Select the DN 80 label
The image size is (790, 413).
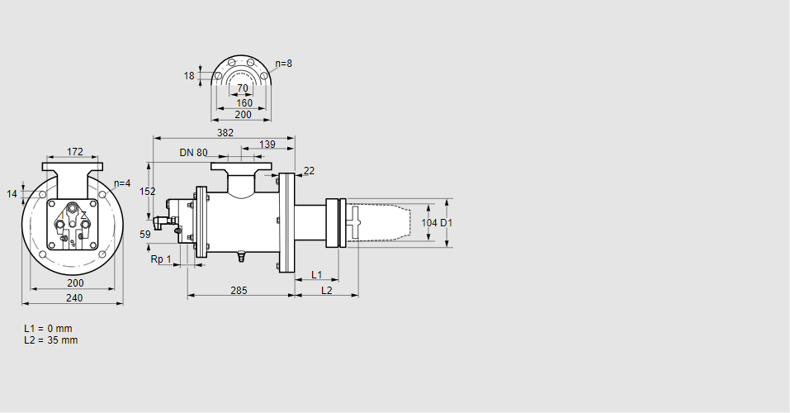pos(193,153)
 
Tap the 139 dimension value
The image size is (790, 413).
pos(267,145)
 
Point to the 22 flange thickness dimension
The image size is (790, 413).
pos(309,171)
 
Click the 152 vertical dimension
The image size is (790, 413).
pos(147,191)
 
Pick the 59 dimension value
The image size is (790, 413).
pos(145,235)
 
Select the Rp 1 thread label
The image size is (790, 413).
pos(161,259)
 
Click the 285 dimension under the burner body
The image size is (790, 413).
pos(238,290)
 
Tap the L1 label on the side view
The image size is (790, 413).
pos(316,274)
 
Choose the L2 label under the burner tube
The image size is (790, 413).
pos(326,290)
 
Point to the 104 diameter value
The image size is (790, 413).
pos(428,223)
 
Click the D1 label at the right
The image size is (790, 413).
pos(447,223)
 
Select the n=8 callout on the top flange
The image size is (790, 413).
pos(283,64)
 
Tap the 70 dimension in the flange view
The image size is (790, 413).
pos(242,88)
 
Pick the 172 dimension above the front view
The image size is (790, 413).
pos(74,151)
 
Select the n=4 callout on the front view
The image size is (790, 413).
pos(122,183)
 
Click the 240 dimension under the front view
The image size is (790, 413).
pos(74,297)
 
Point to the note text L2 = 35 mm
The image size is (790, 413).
pos(50,339)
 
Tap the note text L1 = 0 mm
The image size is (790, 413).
pos(48,329)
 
